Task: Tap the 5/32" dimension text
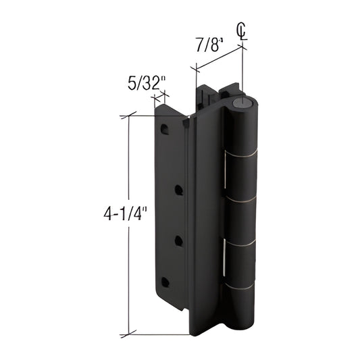coord(147,84)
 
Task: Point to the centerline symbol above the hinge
coord(242,30)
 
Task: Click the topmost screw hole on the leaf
coord(165,128)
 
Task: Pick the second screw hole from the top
coord(179,190)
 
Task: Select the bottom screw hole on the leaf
coord(165,282)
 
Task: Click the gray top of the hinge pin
coord(242,103)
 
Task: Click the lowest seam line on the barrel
coord(242,285)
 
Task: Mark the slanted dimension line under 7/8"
coord(220,57)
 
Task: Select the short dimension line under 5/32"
coord(160,99)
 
